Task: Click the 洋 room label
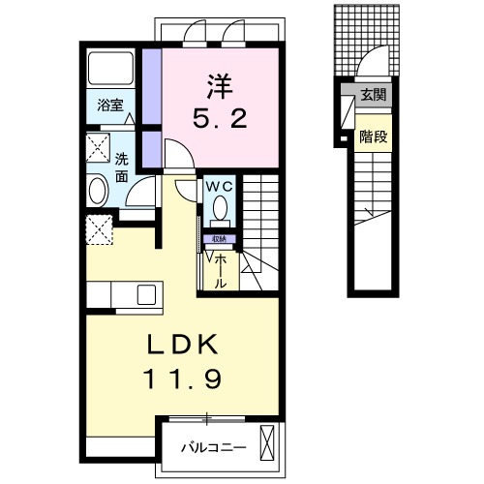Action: coord(220,87)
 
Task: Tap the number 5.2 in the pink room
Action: coord(220,118)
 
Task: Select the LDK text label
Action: coord(182,345)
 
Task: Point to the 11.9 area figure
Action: coord(183,378)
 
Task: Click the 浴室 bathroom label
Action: coord(110,106)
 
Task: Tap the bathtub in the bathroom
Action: coord(110,69)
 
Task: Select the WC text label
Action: coord(220,187)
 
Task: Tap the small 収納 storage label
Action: coord(219,239)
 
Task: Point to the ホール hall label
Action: coord(220,271)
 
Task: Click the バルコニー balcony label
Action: coord(214,447)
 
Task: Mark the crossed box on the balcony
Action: coord(267,442)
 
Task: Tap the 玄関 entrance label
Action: coord(374,95)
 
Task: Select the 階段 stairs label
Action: coord(374,136)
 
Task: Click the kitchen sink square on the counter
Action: coord(146,294)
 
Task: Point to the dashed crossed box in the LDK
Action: coord(100,229)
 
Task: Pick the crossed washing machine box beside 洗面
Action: coord(98,147)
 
